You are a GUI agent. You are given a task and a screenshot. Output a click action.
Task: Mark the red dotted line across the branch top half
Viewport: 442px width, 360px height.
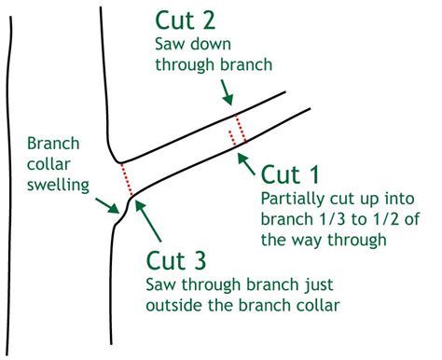[239, 124]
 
